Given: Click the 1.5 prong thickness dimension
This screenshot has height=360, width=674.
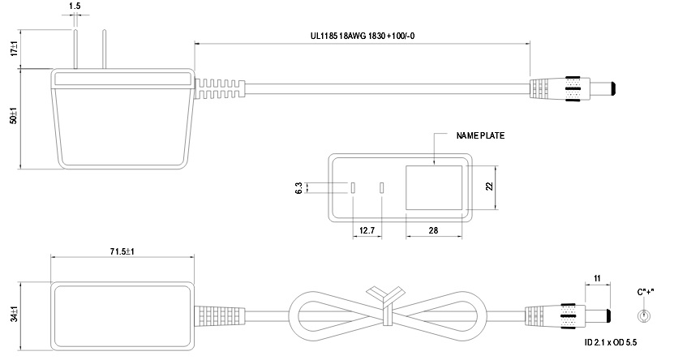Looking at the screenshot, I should (x=75, y=6).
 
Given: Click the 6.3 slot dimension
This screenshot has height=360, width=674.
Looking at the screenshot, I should (x=299, y=188).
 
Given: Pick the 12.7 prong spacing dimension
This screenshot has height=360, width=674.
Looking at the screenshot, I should (x=366, y=231).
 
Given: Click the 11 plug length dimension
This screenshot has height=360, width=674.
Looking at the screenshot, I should (x=597, y=279).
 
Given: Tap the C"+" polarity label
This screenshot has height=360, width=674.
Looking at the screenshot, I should (x=645, y=292).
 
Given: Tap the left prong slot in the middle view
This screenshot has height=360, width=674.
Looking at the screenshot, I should (x=353, y=188).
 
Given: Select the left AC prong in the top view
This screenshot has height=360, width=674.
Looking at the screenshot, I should (x=75, y=50).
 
